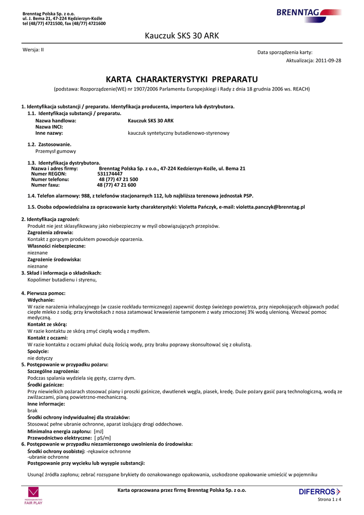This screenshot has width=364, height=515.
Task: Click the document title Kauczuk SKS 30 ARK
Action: pos(182,36)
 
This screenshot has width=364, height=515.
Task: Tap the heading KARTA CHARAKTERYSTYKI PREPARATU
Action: pos(182,79)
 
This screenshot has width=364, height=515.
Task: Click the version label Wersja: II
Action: pos(33,50)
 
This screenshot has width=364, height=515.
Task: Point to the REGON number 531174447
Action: pos(110,174)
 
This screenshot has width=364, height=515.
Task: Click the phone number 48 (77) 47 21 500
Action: pos(118,179)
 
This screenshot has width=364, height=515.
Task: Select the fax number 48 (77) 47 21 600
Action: pos(116,185)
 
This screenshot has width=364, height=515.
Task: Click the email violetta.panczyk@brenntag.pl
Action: pos(270,207)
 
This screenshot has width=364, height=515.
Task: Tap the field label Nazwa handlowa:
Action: pos(56,121)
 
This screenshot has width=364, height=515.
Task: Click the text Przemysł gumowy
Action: pos(56,151)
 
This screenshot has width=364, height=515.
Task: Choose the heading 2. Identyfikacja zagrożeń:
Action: pos(50,219)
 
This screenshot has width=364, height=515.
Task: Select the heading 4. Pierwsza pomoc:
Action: pos(43,293)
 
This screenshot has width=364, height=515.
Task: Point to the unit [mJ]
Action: pos(99,432)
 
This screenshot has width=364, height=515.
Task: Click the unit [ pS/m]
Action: pos(103,438)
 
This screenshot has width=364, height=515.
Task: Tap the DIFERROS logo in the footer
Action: pos(320,491)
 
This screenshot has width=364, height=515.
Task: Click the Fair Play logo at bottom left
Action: pos(34,495)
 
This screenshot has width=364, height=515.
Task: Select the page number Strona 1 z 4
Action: pos(330,499)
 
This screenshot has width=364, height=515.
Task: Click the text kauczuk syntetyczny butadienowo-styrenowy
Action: pos(178,133)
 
